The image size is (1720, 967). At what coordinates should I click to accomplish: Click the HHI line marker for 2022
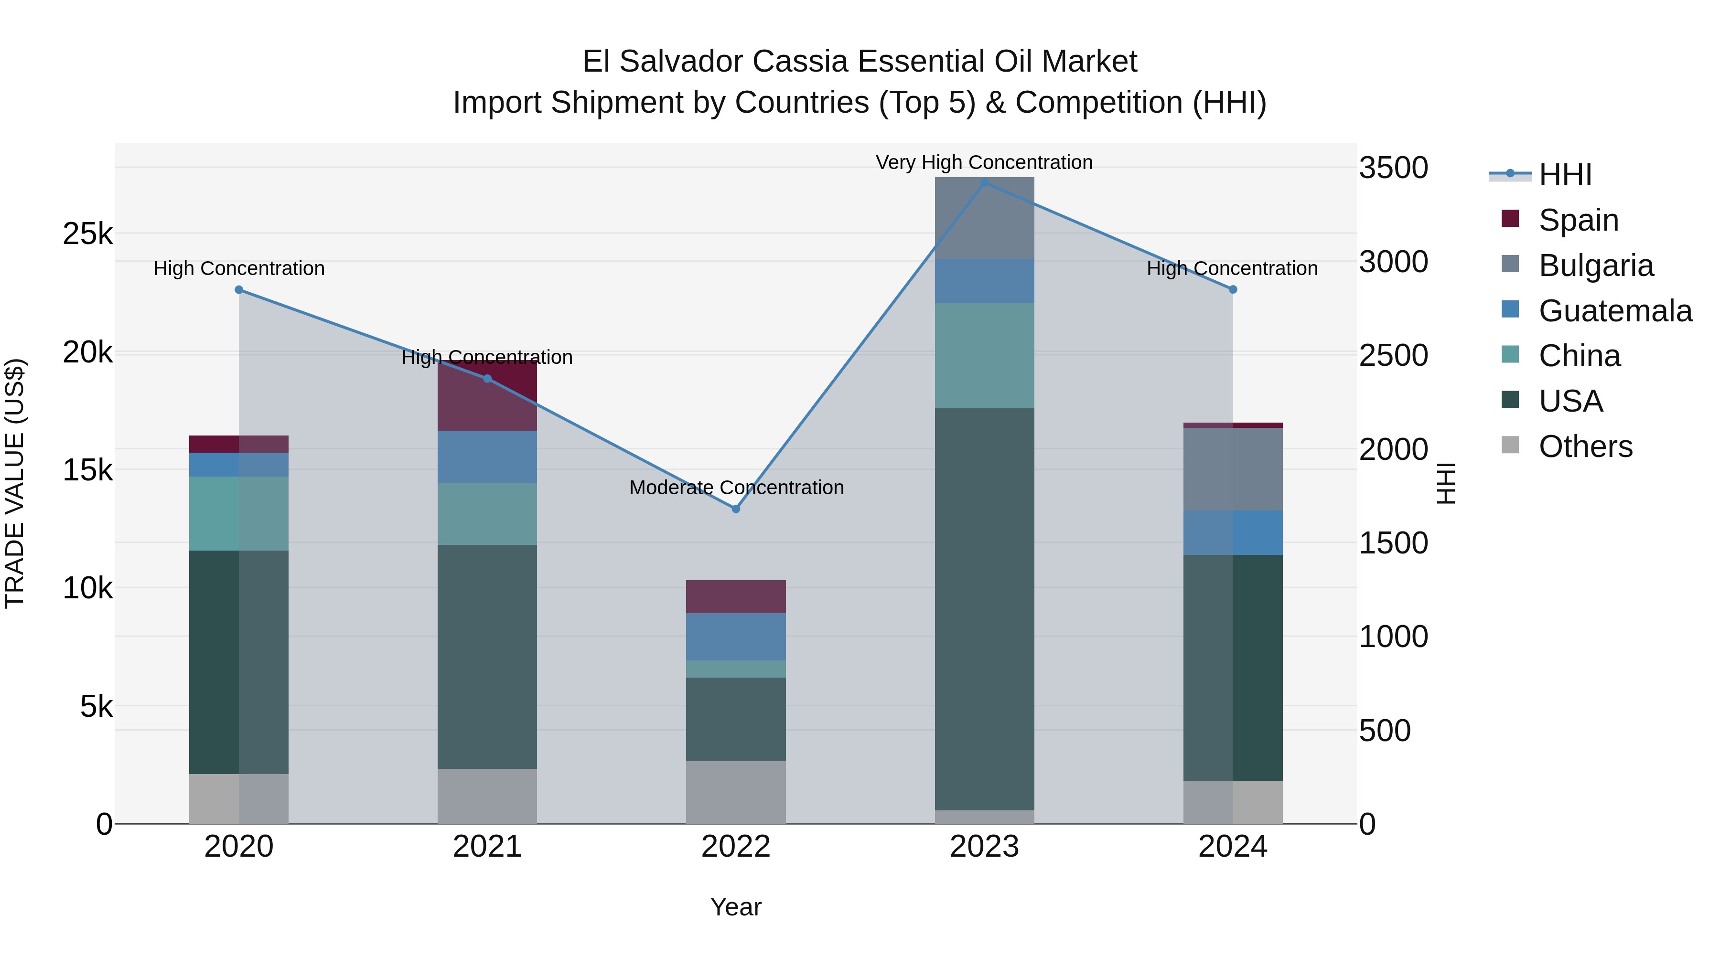tap(736, 509)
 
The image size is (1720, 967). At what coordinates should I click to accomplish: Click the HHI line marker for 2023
tap(984, 183)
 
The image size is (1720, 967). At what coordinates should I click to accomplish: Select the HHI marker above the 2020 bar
tap(239, 290)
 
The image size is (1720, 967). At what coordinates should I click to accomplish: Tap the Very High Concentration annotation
tap(984, 162)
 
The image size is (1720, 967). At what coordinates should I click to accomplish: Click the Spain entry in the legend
tap(1579, 220)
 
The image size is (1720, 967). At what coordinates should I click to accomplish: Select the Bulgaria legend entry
tap(1596, 265)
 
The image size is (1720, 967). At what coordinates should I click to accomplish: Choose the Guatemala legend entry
tap(1614, 310)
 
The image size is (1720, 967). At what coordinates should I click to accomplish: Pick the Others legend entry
tap(1585, 446)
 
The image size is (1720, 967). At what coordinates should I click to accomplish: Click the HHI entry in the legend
tap(1565, 175)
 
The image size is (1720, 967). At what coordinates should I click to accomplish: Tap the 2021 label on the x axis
tap(487, 847)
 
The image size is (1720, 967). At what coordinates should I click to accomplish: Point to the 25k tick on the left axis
tap(87, 234)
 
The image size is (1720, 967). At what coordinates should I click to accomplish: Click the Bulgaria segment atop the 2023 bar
tap(984, 218)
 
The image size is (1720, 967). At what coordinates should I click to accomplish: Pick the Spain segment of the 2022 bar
tap(736, 596)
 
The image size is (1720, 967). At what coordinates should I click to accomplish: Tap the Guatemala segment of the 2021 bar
tap(487, 457)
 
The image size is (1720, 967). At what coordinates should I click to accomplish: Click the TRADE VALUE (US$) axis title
tap(15, 483)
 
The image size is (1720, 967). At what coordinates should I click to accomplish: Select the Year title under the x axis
tap(736, 907)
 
